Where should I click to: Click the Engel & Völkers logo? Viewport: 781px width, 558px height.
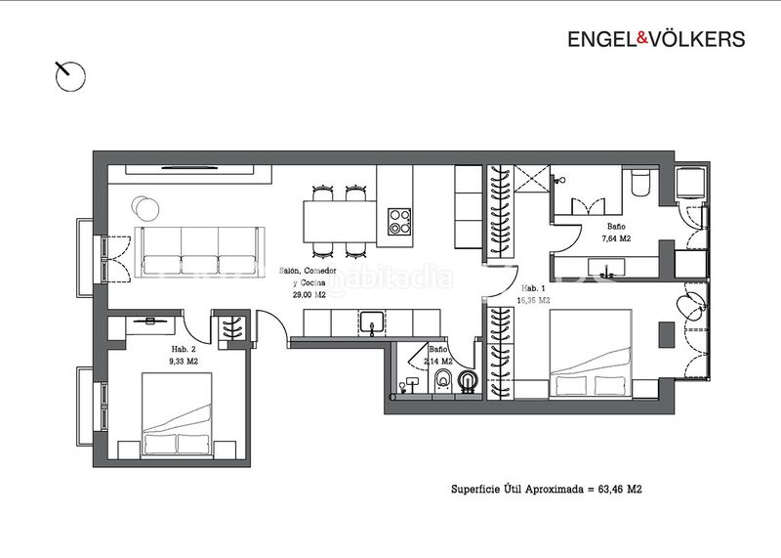(x=656, y=39)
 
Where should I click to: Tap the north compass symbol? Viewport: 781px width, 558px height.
(x=69, y=76)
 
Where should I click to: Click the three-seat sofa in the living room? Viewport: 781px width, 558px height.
(x=200, y=252)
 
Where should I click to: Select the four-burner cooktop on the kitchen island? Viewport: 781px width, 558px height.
(x=399, y=222)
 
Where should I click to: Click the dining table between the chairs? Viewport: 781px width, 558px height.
(x=340, y=222)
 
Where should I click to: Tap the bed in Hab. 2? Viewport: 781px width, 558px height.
(x=177, y=414)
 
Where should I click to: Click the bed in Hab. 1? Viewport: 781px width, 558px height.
(x=591, y=354)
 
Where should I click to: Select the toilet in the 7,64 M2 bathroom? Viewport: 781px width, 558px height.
(x=640, y=184)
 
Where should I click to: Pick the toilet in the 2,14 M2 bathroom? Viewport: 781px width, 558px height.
(x=443, y=380)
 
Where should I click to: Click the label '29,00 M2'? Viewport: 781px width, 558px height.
(x=308, y=295)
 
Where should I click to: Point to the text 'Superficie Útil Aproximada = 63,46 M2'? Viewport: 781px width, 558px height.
(x=547, y=490)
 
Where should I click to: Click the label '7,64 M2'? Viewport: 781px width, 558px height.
(x=616, y=238)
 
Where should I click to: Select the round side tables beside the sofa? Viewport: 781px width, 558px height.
(x=145, y=207)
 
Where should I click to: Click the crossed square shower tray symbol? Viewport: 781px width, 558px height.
(x=532, y=179)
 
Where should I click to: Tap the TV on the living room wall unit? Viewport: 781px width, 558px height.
(x=189, y=168)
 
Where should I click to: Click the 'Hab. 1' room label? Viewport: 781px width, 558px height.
(x=533, y=288)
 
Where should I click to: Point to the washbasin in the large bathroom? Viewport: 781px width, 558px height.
(x=606, y=267)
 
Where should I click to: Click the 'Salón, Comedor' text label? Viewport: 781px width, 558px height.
(x=308, y=271)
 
